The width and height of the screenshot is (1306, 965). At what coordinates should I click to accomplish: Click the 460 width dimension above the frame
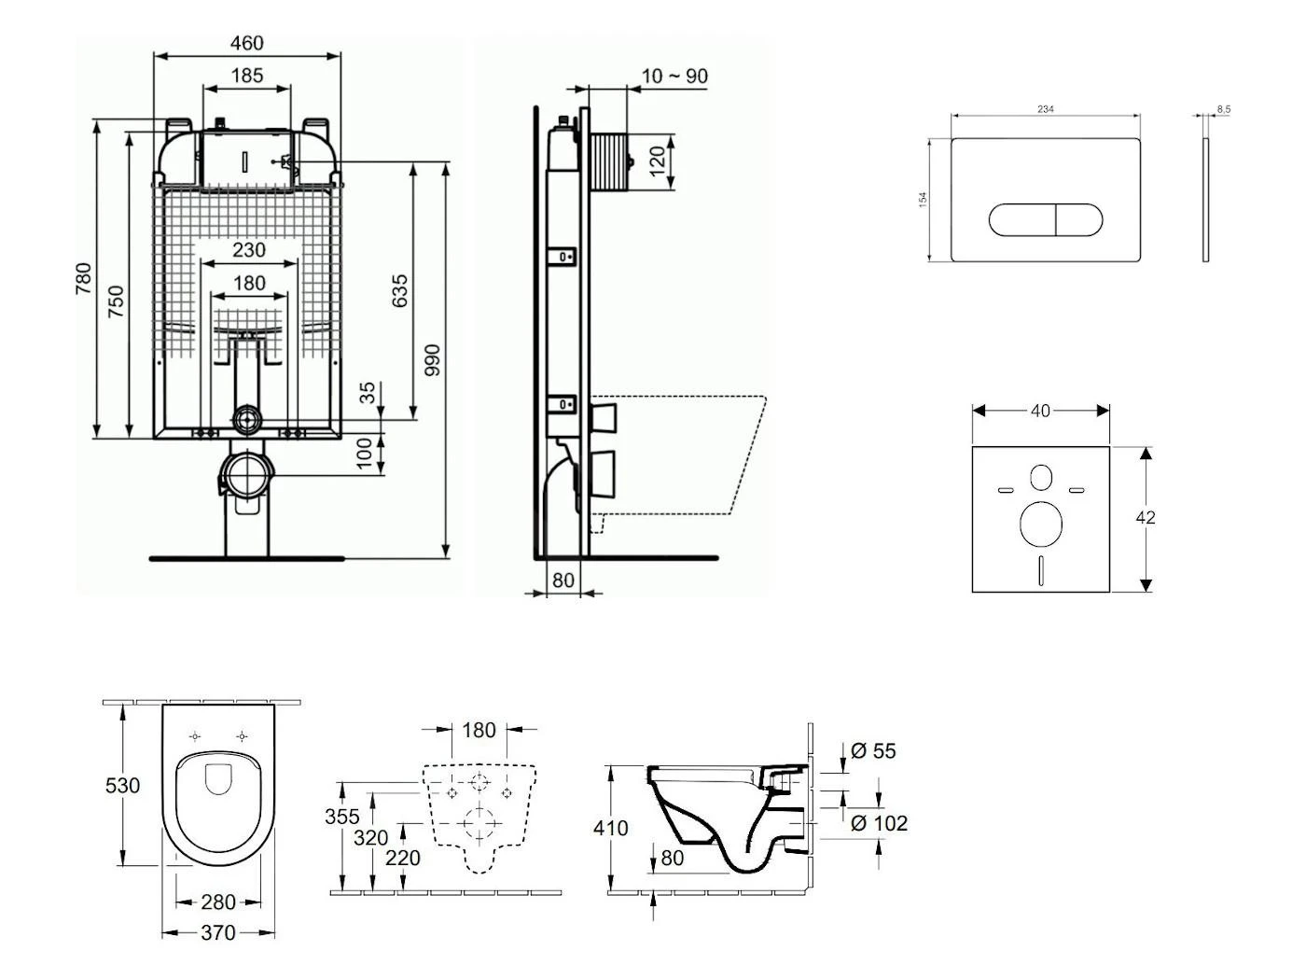246,43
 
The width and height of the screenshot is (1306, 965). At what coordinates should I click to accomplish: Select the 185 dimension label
246,76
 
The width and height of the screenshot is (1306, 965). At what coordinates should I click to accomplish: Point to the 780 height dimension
84,278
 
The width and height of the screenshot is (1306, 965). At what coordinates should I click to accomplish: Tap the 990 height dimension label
432,360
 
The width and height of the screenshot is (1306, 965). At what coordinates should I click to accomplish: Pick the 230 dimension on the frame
248,250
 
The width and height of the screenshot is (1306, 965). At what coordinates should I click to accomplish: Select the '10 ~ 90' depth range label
674,77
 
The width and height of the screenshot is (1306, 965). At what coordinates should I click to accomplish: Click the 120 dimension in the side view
658,161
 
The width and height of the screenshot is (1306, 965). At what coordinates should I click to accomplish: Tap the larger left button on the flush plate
1022,220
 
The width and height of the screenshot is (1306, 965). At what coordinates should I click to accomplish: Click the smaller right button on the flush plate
1078,220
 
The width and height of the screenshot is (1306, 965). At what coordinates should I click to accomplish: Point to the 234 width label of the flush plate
1046,109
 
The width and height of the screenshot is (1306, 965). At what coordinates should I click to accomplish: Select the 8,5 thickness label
1223,109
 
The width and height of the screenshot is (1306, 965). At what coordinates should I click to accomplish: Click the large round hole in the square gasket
1041,524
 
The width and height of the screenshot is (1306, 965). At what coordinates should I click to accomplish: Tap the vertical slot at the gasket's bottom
1041,570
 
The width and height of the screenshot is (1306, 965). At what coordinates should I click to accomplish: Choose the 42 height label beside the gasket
1146,517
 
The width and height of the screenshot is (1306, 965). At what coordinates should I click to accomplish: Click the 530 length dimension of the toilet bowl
122,786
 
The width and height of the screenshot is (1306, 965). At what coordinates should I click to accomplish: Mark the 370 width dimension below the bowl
217,932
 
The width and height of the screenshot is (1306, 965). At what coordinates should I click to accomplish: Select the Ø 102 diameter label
879,823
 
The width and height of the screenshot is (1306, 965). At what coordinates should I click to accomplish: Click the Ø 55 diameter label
873,751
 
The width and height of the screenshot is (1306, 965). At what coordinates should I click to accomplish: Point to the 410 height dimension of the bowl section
611,828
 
